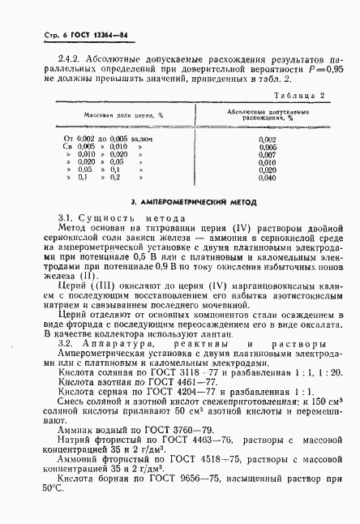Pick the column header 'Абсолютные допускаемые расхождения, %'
click(268, 115)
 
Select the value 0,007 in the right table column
click(268, 154)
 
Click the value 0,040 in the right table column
click(268, 177)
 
